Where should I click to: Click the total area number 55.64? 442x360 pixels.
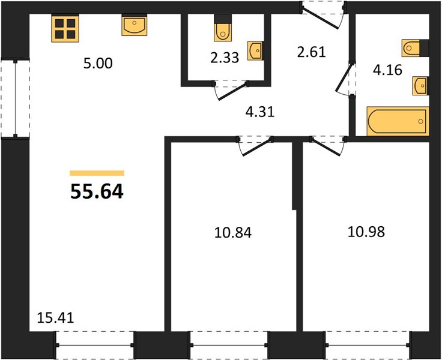(97, 191)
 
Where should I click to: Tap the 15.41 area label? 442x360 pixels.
(55, 318)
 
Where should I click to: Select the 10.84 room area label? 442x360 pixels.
(233, 233)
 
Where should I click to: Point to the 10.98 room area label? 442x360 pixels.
(366, 232)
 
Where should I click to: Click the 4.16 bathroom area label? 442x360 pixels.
(387, 70)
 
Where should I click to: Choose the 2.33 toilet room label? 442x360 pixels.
(225, 58)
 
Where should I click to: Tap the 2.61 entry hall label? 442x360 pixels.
(312, 52)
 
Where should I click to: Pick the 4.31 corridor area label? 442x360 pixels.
(260, 112)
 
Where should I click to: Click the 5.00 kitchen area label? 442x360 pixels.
(98, 64)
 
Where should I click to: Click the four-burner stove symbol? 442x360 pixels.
(65, 29)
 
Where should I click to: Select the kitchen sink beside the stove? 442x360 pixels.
(135, 25)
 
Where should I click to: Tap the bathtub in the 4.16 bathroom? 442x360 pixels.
(398, 121)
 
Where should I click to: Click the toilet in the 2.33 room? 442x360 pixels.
(223, 28)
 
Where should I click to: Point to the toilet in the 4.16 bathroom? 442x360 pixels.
(416, 49)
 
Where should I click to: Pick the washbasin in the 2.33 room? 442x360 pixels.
(256, 51)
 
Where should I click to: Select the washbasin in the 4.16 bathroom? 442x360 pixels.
(421, 86)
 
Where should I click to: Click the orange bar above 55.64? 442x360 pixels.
(97, 173)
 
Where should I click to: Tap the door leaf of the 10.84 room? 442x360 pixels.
(257, 146)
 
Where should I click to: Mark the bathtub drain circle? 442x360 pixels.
(421, 121)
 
